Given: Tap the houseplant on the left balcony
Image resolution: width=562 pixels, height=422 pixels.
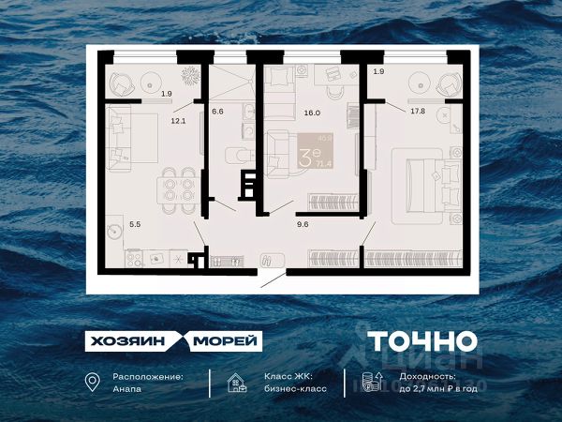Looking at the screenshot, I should [x=190, y=73].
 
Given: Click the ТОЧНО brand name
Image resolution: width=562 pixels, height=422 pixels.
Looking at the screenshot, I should [x=421, y=341].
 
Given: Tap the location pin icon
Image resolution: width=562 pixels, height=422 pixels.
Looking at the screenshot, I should [x=91, y=382].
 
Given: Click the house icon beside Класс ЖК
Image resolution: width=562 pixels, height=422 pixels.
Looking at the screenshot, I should [x=237, y=382].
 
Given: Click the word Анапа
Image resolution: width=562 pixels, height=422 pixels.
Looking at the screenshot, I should [x=128, y=387].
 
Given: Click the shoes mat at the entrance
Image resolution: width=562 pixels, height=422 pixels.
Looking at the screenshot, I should [x=268, y=259].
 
